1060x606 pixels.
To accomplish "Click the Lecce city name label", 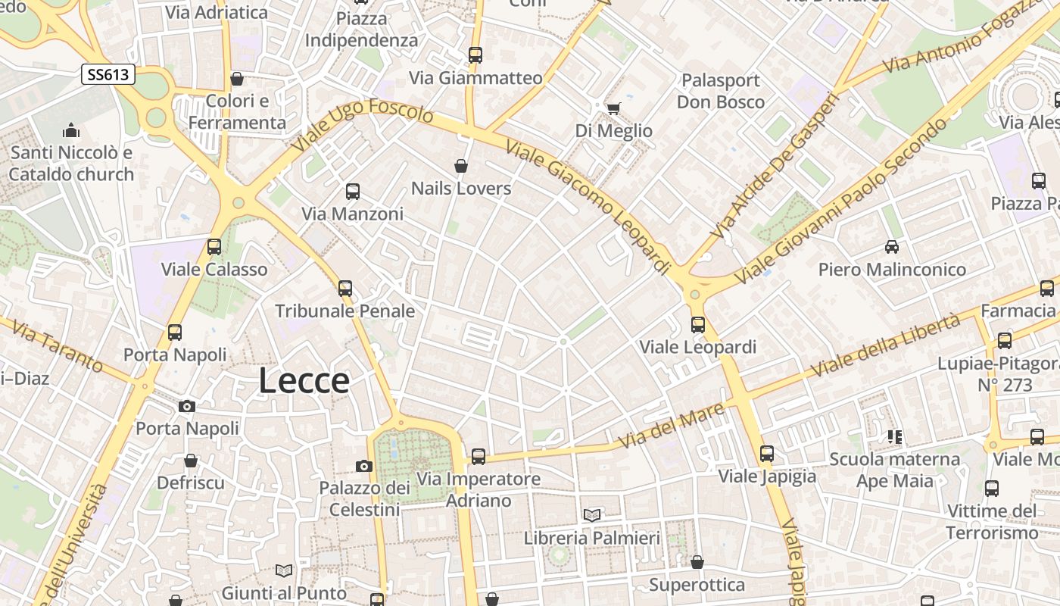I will point(304,381).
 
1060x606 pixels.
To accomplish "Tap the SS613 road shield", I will point(109,74).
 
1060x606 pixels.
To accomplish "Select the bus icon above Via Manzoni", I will point(353,192).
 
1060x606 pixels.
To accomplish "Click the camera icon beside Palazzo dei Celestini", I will point(364,466).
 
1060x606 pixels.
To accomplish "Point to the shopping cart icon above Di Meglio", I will point(613,108).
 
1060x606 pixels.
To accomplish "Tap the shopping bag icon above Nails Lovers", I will point(460,166).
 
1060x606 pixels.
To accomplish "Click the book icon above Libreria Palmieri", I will point(592,515).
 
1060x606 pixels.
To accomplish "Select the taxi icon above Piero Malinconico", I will point(892,247).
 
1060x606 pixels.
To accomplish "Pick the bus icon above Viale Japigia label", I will point(767,454).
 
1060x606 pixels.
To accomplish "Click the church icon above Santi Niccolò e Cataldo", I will point(71,130).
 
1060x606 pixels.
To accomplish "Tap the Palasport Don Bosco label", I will point(720,91).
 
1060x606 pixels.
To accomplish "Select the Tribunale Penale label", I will point(345,311).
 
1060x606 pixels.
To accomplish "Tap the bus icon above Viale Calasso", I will point(214,247).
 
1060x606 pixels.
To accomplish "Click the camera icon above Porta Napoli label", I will point(187,406).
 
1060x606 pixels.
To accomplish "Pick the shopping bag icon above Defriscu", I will point(191,461).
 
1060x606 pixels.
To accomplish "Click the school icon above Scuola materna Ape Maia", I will point(895,437).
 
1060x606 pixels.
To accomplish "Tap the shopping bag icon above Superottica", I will point(697,562).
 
